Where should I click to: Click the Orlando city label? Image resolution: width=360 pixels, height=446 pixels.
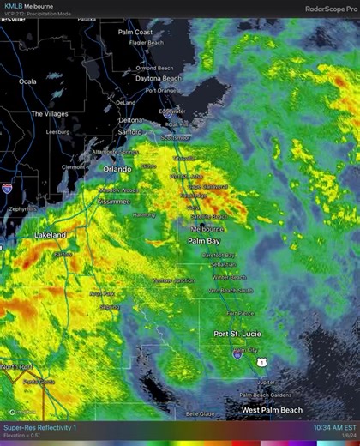point(117,169)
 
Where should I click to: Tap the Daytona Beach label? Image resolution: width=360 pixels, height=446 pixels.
point(159,78)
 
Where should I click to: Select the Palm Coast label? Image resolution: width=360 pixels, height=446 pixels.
point(135,32)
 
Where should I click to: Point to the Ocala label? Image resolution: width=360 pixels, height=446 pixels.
point(28,81)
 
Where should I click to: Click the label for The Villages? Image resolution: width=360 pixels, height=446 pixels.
point(49,113)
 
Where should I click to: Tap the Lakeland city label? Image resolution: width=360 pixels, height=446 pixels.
point(50,234)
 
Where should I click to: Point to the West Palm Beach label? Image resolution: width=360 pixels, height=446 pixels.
point(272,410)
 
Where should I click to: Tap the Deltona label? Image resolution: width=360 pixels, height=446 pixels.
point(130,120)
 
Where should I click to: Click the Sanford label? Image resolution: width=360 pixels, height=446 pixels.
point(129,132)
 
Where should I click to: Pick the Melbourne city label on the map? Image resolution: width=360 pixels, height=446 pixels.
point(207,229)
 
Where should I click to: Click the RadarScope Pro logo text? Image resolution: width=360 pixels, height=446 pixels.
point(330,9)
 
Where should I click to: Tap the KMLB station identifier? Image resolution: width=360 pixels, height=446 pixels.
point(12,5)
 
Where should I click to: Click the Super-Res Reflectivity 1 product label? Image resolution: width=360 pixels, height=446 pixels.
point(39,427)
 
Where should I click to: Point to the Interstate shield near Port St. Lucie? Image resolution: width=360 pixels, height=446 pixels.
point(237,353)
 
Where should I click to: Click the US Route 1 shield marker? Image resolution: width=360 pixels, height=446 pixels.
point(260,362)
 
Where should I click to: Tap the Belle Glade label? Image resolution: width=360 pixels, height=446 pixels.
point(201,413)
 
